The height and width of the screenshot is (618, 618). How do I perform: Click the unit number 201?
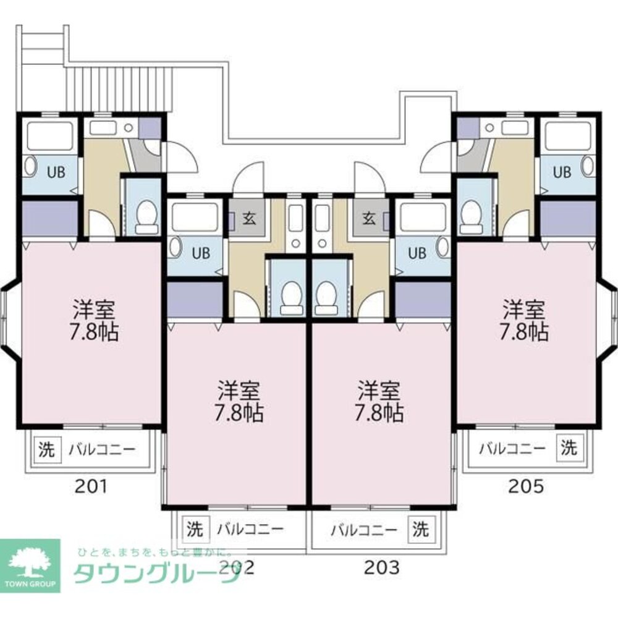92,486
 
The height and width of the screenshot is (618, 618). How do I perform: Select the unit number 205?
526,486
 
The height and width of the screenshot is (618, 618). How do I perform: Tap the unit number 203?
381,567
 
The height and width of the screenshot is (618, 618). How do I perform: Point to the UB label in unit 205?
561,172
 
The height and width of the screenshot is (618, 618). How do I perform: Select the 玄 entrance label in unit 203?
369,218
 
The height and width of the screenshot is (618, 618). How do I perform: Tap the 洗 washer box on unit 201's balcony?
46,450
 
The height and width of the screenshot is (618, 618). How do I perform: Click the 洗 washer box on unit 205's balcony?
569,447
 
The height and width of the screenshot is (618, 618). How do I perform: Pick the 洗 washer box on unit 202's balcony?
195,529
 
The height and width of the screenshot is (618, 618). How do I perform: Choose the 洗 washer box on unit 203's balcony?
421,529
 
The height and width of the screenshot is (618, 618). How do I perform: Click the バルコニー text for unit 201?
101,450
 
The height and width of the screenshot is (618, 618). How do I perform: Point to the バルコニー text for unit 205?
513,448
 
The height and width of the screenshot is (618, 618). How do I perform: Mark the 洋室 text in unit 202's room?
239,391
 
